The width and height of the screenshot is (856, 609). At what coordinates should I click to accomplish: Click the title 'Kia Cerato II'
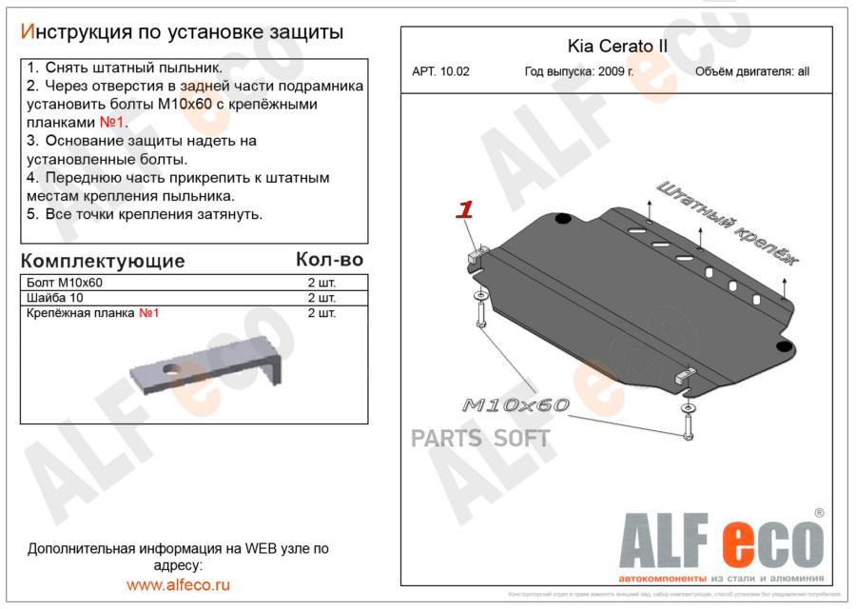[x=617, y=47]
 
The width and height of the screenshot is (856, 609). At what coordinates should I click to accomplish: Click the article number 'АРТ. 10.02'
[x=440, y=71]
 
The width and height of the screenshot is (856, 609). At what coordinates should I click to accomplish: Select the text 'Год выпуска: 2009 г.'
[x=578, y=71]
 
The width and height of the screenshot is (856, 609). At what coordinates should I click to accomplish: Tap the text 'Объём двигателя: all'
[x=751, y=71]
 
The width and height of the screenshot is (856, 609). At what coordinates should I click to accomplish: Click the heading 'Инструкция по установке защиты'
[x=182, y=31]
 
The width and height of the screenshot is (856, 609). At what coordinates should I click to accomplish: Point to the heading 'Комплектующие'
[x=103, y=261]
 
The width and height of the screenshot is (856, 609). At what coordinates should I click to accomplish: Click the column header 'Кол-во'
[x=329, y=259]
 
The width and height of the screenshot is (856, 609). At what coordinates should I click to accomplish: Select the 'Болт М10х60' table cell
[x=66, y=283]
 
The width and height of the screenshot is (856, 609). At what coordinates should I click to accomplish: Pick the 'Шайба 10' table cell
[x=56, y=298]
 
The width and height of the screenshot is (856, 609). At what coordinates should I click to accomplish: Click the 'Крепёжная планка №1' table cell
[x=93, y=313]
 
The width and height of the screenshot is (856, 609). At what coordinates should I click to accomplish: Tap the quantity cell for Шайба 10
[x=321, y=298]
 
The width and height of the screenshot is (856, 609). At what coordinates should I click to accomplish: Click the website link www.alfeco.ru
[x=178, y=585]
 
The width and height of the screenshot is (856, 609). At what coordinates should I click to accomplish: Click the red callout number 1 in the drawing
[x=465, y=210]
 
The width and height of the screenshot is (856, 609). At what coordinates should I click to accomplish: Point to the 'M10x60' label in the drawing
[x=516, y=405]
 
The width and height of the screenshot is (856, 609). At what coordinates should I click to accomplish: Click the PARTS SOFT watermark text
[x=480, y=439]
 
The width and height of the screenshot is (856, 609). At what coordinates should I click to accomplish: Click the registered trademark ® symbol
[x=818, y=513]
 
